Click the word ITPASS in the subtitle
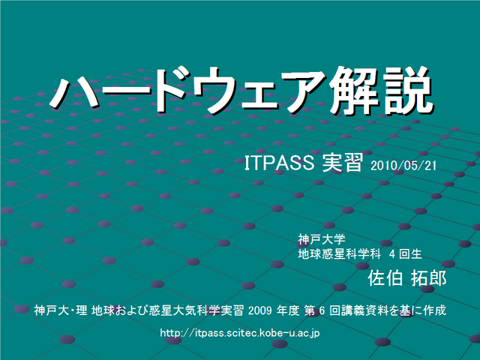click(280, 162)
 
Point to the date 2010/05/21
click(403, 166)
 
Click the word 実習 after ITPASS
click(343, 162)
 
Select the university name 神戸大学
click(322, 239)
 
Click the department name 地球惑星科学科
click(340, 253)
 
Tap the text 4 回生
click(406, 253)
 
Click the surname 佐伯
click(385, 277)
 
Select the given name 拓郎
click(428, 277)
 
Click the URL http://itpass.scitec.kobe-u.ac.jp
click(240, 333)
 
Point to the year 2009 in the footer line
click(260, 310)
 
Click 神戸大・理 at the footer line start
click(61, 310)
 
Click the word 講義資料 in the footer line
click(365, 310)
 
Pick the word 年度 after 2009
click(288, 310)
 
